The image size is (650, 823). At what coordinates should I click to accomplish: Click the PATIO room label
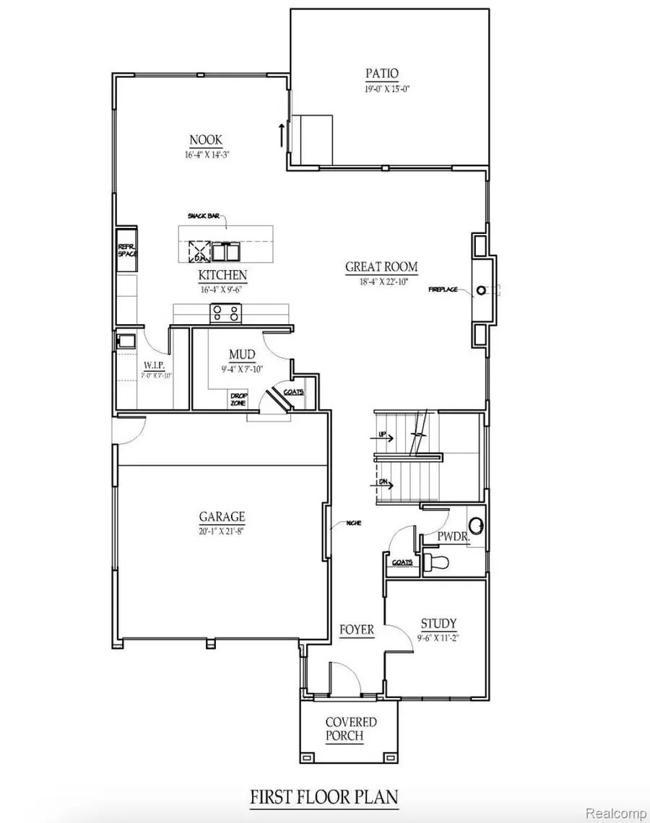[382, 73]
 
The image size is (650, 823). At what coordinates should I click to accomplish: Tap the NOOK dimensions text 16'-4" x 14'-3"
[206, 154]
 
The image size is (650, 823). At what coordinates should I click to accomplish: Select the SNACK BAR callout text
[204, 215]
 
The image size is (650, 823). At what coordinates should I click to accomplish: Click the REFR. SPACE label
[127, 250]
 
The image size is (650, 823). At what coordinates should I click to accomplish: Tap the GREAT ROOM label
[381, 267]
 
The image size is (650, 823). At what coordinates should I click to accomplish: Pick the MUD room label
[241, 355]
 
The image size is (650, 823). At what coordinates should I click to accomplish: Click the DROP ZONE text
[238, 399]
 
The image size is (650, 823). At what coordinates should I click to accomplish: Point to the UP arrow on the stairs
[383, 437]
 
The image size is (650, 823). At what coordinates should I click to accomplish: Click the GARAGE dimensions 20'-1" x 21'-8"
[222, 531]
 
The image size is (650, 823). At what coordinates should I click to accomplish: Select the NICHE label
[354, 523]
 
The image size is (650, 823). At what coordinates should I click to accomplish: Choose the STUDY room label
[438, 624]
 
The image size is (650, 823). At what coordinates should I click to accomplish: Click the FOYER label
[357, 630]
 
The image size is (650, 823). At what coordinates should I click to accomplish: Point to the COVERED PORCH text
[350, 729]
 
